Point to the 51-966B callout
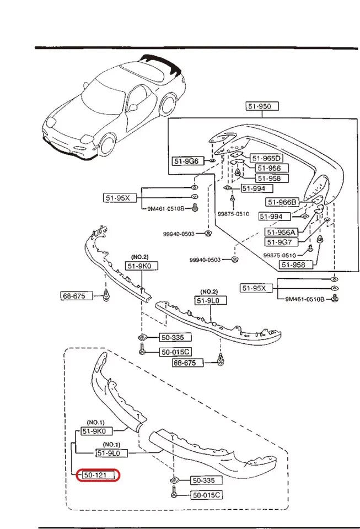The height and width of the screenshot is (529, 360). (x=282, y=202)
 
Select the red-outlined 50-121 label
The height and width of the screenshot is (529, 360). (x=98, y=474)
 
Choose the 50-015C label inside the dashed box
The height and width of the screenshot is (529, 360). (x=206, y=495)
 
